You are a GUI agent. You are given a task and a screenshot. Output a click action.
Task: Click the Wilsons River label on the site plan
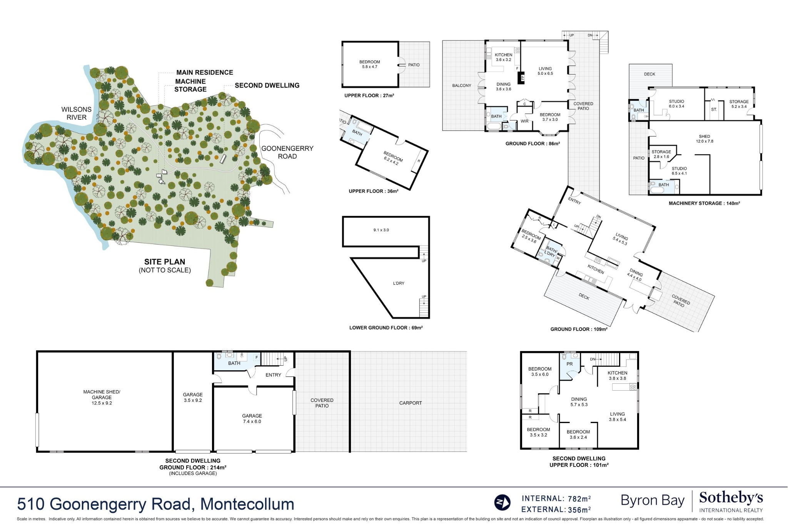point(77,114)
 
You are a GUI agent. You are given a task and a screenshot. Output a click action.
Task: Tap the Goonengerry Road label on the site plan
point(287,152)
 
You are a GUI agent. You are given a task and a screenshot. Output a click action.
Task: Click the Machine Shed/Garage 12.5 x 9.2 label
point(102,398)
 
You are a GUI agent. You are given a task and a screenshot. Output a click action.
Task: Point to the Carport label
point(411,403)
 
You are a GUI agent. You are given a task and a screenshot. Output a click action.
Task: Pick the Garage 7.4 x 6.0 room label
point(252,419)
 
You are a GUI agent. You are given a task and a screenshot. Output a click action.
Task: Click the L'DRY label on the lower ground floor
point(399,283)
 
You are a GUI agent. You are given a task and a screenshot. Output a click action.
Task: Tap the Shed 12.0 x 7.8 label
point(705,139)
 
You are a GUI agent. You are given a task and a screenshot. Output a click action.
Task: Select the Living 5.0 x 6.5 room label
point(545,71)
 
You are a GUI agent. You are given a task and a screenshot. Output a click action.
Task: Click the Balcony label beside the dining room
point(462,86)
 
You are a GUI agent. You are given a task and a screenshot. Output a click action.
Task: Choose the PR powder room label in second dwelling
point(570,364)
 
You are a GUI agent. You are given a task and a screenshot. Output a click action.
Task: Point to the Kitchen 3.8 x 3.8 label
point(618,376)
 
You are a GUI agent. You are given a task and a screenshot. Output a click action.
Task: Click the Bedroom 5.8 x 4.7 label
point(370,64)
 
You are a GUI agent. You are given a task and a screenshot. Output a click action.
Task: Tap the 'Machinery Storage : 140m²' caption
point(705,203)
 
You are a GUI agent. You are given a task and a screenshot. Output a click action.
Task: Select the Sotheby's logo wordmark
point(731,498)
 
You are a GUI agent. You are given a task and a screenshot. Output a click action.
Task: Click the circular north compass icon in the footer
point(502,503)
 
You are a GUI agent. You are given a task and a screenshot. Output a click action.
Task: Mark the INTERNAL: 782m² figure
point(556,498)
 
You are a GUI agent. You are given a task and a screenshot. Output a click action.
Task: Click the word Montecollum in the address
point(247,504)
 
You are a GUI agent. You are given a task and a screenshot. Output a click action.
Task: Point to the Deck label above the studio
point(649,74)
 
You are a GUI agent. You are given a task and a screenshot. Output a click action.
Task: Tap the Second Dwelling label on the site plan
point(267,85)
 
